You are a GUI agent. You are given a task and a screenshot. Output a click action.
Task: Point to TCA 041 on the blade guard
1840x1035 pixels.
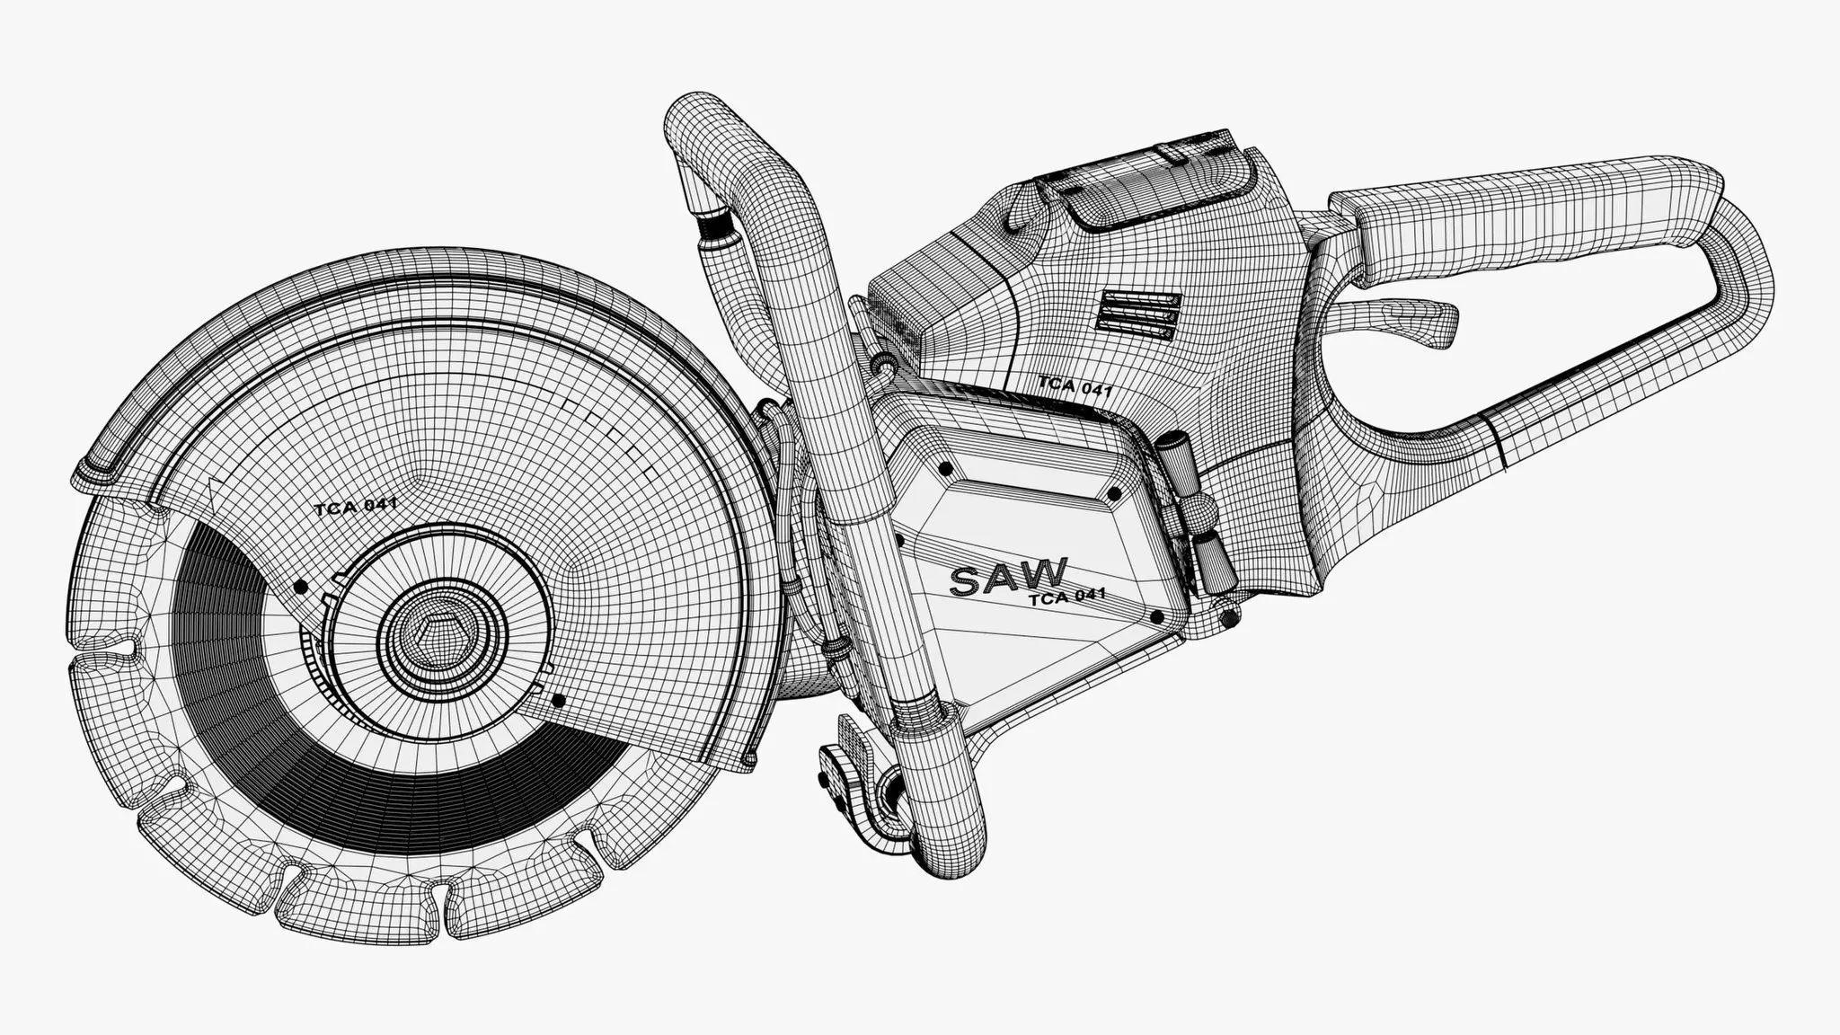click(356, 508)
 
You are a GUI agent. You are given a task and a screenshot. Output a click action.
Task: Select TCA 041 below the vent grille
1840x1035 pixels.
click(1075, 386)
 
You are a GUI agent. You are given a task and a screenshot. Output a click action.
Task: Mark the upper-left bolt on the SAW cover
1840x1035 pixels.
click(944, 468)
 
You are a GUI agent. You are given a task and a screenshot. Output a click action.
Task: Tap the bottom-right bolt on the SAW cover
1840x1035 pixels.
click(1156, 616)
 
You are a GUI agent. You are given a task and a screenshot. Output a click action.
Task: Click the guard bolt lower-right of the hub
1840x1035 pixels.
click(560, 699)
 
